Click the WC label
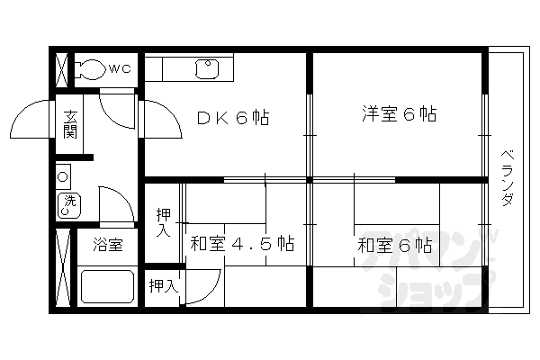click(120, 68)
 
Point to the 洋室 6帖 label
click(400, 114)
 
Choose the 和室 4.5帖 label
click(241, 243)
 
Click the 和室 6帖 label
click(393, 244)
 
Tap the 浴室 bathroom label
click(108, 245)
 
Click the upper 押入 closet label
click(163, 221)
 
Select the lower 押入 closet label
click(163, 286)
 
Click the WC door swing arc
click(115, 110)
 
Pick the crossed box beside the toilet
click(62, 69)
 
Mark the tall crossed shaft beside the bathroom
click(63, 268)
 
